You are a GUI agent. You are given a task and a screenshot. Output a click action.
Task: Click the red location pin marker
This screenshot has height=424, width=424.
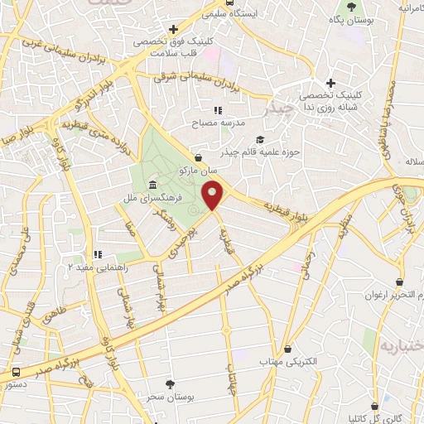tap(214, 196)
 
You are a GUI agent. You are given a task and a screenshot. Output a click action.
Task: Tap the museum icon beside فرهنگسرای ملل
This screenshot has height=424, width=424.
tap(153, 185)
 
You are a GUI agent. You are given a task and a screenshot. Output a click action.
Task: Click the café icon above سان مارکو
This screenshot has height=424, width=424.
tap(199, 157)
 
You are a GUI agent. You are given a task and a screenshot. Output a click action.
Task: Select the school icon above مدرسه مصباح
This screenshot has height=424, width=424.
tap(218, 110)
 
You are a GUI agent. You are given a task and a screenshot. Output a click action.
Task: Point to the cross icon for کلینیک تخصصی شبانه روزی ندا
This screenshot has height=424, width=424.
tap(330, 83)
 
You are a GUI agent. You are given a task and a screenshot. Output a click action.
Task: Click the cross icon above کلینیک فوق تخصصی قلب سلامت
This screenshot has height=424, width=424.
tap(172, 30)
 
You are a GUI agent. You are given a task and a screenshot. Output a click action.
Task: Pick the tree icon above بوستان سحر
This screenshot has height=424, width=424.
tap(171, 384)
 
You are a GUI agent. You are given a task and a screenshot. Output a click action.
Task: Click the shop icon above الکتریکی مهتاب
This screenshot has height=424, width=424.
tap(287, 350)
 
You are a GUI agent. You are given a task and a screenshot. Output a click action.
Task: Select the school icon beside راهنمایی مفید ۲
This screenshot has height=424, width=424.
tap(98, 254)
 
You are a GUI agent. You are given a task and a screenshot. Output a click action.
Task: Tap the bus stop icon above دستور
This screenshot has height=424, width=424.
tap(17, 372)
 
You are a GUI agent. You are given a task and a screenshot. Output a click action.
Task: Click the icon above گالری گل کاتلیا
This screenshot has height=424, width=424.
tap(378, 407)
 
